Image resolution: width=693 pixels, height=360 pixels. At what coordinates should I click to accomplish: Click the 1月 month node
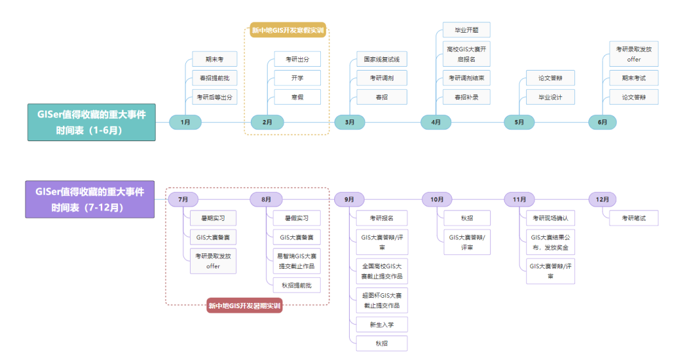[185, 122]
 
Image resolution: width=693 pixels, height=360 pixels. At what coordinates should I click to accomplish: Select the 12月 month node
[603, 200]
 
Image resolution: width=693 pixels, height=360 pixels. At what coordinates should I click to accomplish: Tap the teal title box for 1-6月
[90, 122]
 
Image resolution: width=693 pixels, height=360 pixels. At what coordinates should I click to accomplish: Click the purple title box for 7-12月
[90, 200]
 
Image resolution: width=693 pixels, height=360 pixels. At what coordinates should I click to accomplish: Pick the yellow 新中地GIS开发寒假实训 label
[287, 30]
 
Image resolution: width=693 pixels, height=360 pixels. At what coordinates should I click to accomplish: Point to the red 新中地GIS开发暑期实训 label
[244, 306]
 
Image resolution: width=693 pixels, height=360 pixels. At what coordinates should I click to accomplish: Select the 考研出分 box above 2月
[296, 59]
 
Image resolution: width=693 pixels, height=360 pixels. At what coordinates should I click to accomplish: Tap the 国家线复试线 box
[382, 59]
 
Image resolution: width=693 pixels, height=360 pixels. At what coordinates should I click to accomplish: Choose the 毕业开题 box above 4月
[466, 30]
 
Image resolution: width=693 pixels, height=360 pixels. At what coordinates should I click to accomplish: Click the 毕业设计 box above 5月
[550, 97]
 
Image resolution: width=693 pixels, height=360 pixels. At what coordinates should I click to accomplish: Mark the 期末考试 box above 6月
[633, 78]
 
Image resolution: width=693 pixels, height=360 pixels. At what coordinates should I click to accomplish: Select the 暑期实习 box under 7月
[213, 218]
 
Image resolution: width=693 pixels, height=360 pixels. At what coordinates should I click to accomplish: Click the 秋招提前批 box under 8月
[296, 286]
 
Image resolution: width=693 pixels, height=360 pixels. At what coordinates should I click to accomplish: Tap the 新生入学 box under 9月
[382, 324]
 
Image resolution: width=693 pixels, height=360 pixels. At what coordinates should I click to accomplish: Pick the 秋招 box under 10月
[466, 218]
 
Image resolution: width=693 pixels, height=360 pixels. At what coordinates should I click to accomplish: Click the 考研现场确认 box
[550, 218]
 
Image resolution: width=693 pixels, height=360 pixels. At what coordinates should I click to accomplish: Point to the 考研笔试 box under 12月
[633, 218]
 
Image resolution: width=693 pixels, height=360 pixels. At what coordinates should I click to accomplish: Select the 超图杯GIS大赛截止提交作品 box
[382, 300]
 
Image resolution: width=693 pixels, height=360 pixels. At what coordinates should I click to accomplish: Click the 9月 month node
[350, 200]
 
